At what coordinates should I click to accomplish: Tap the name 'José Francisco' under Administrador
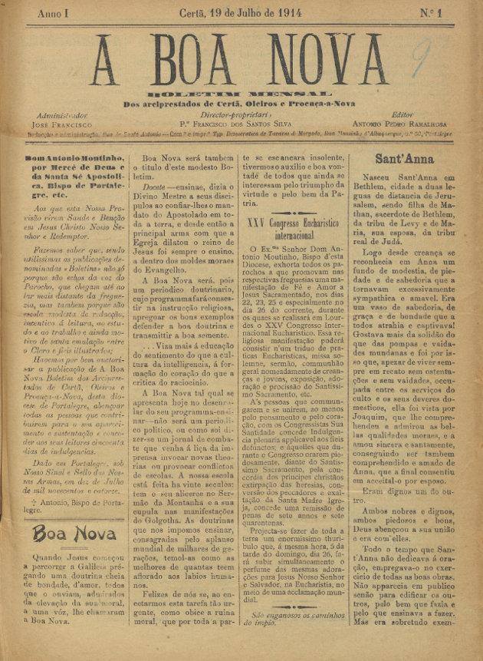(x=58, y=123)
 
